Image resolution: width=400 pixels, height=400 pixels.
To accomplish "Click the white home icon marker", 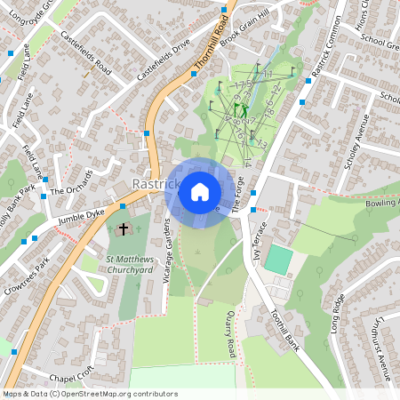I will click(199, 191).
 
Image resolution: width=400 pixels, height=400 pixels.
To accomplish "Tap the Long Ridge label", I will click(337, 314).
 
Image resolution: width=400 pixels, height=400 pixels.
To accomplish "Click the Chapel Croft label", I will click(72, 376).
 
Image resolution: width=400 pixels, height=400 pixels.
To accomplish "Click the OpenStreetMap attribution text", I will click(90, 394).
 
